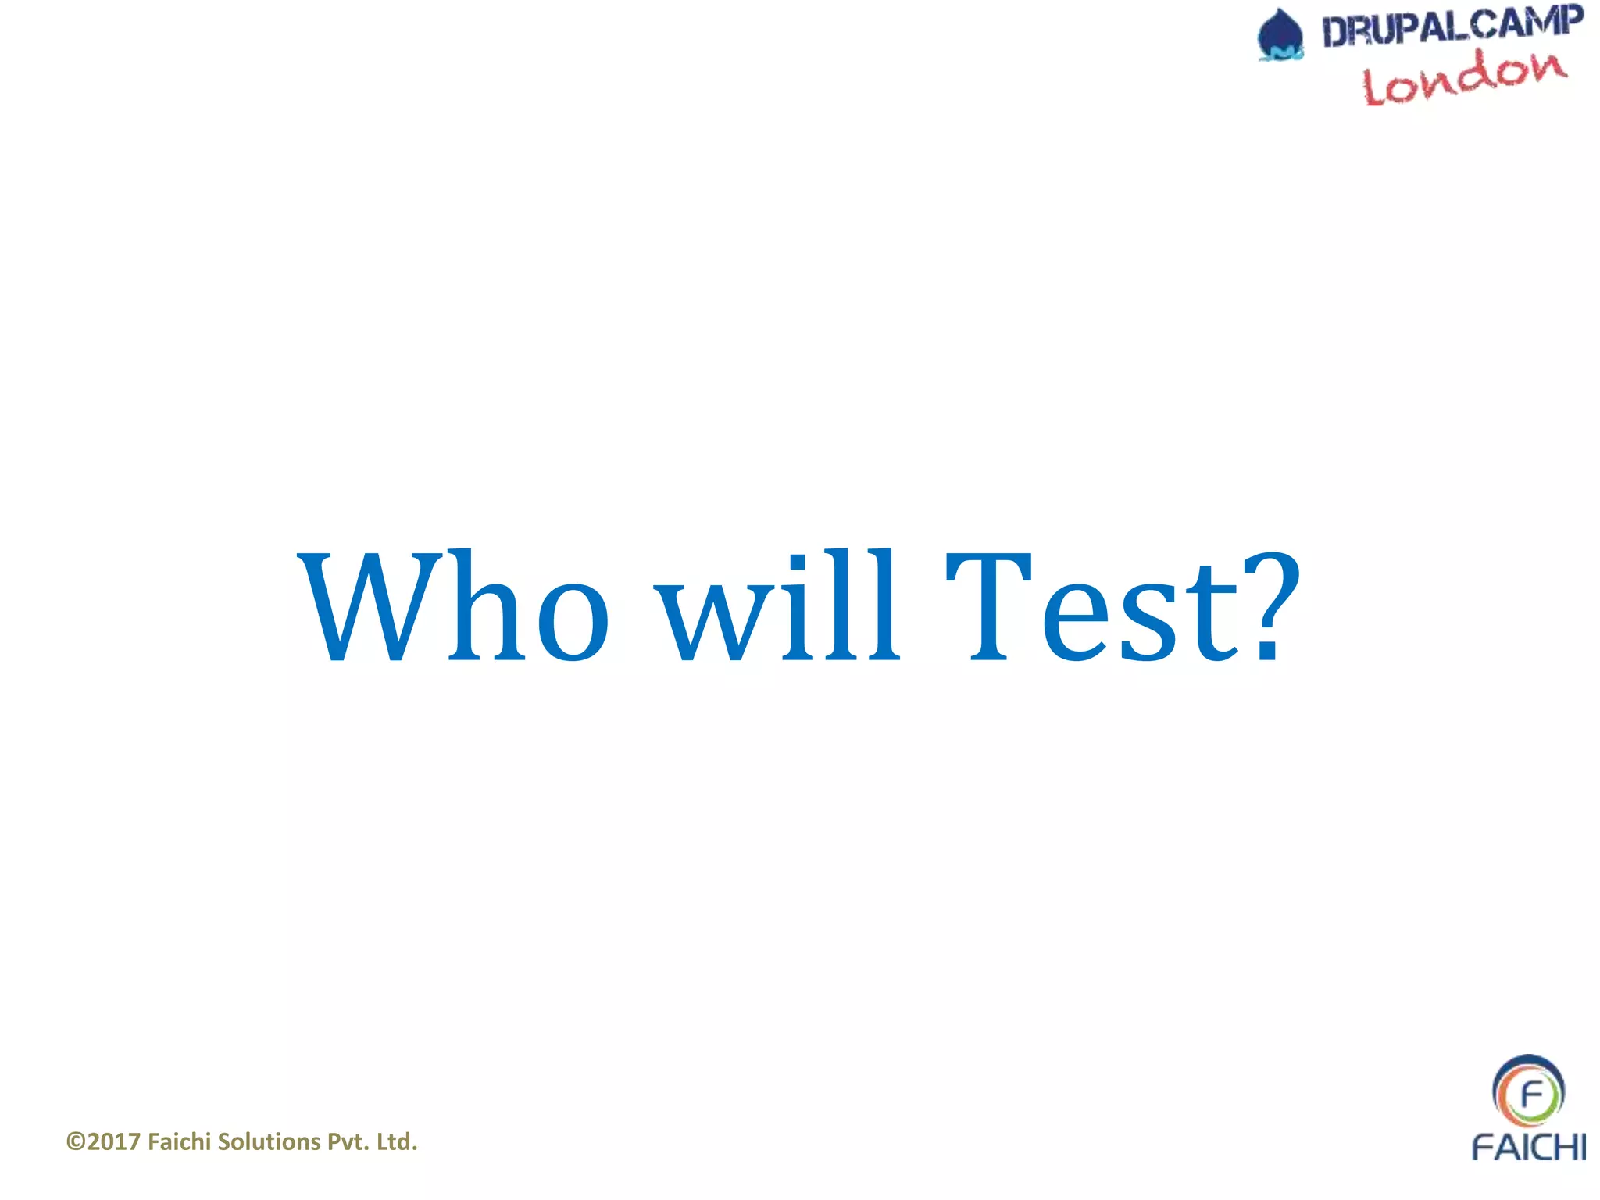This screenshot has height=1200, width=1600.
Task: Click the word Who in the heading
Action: (x=453, y=606)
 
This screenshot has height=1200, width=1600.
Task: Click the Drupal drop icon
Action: (x=1280, y=35)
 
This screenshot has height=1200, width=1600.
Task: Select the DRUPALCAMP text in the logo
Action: (x=1452, y=27)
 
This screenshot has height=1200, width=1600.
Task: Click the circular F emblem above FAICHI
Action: (x=1528, y=1091)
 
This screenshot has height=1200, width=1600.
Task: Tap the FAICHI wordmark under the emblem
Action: (x=1528, y=1147)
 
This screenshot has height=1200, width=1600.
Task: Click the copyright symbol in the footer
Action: (x=76, y=1142)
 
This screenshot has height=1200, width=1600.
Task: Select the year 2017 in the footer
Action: (x=114, y=1142)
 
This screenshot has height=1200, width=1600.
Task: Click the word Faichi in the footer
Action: (x=180, y=1142)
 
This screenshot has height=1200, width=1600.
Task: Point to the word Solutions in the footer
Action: (x=269, y=1142)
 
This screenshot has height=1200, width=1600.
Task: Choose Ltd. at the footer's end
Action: (x=397, y=1142)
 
